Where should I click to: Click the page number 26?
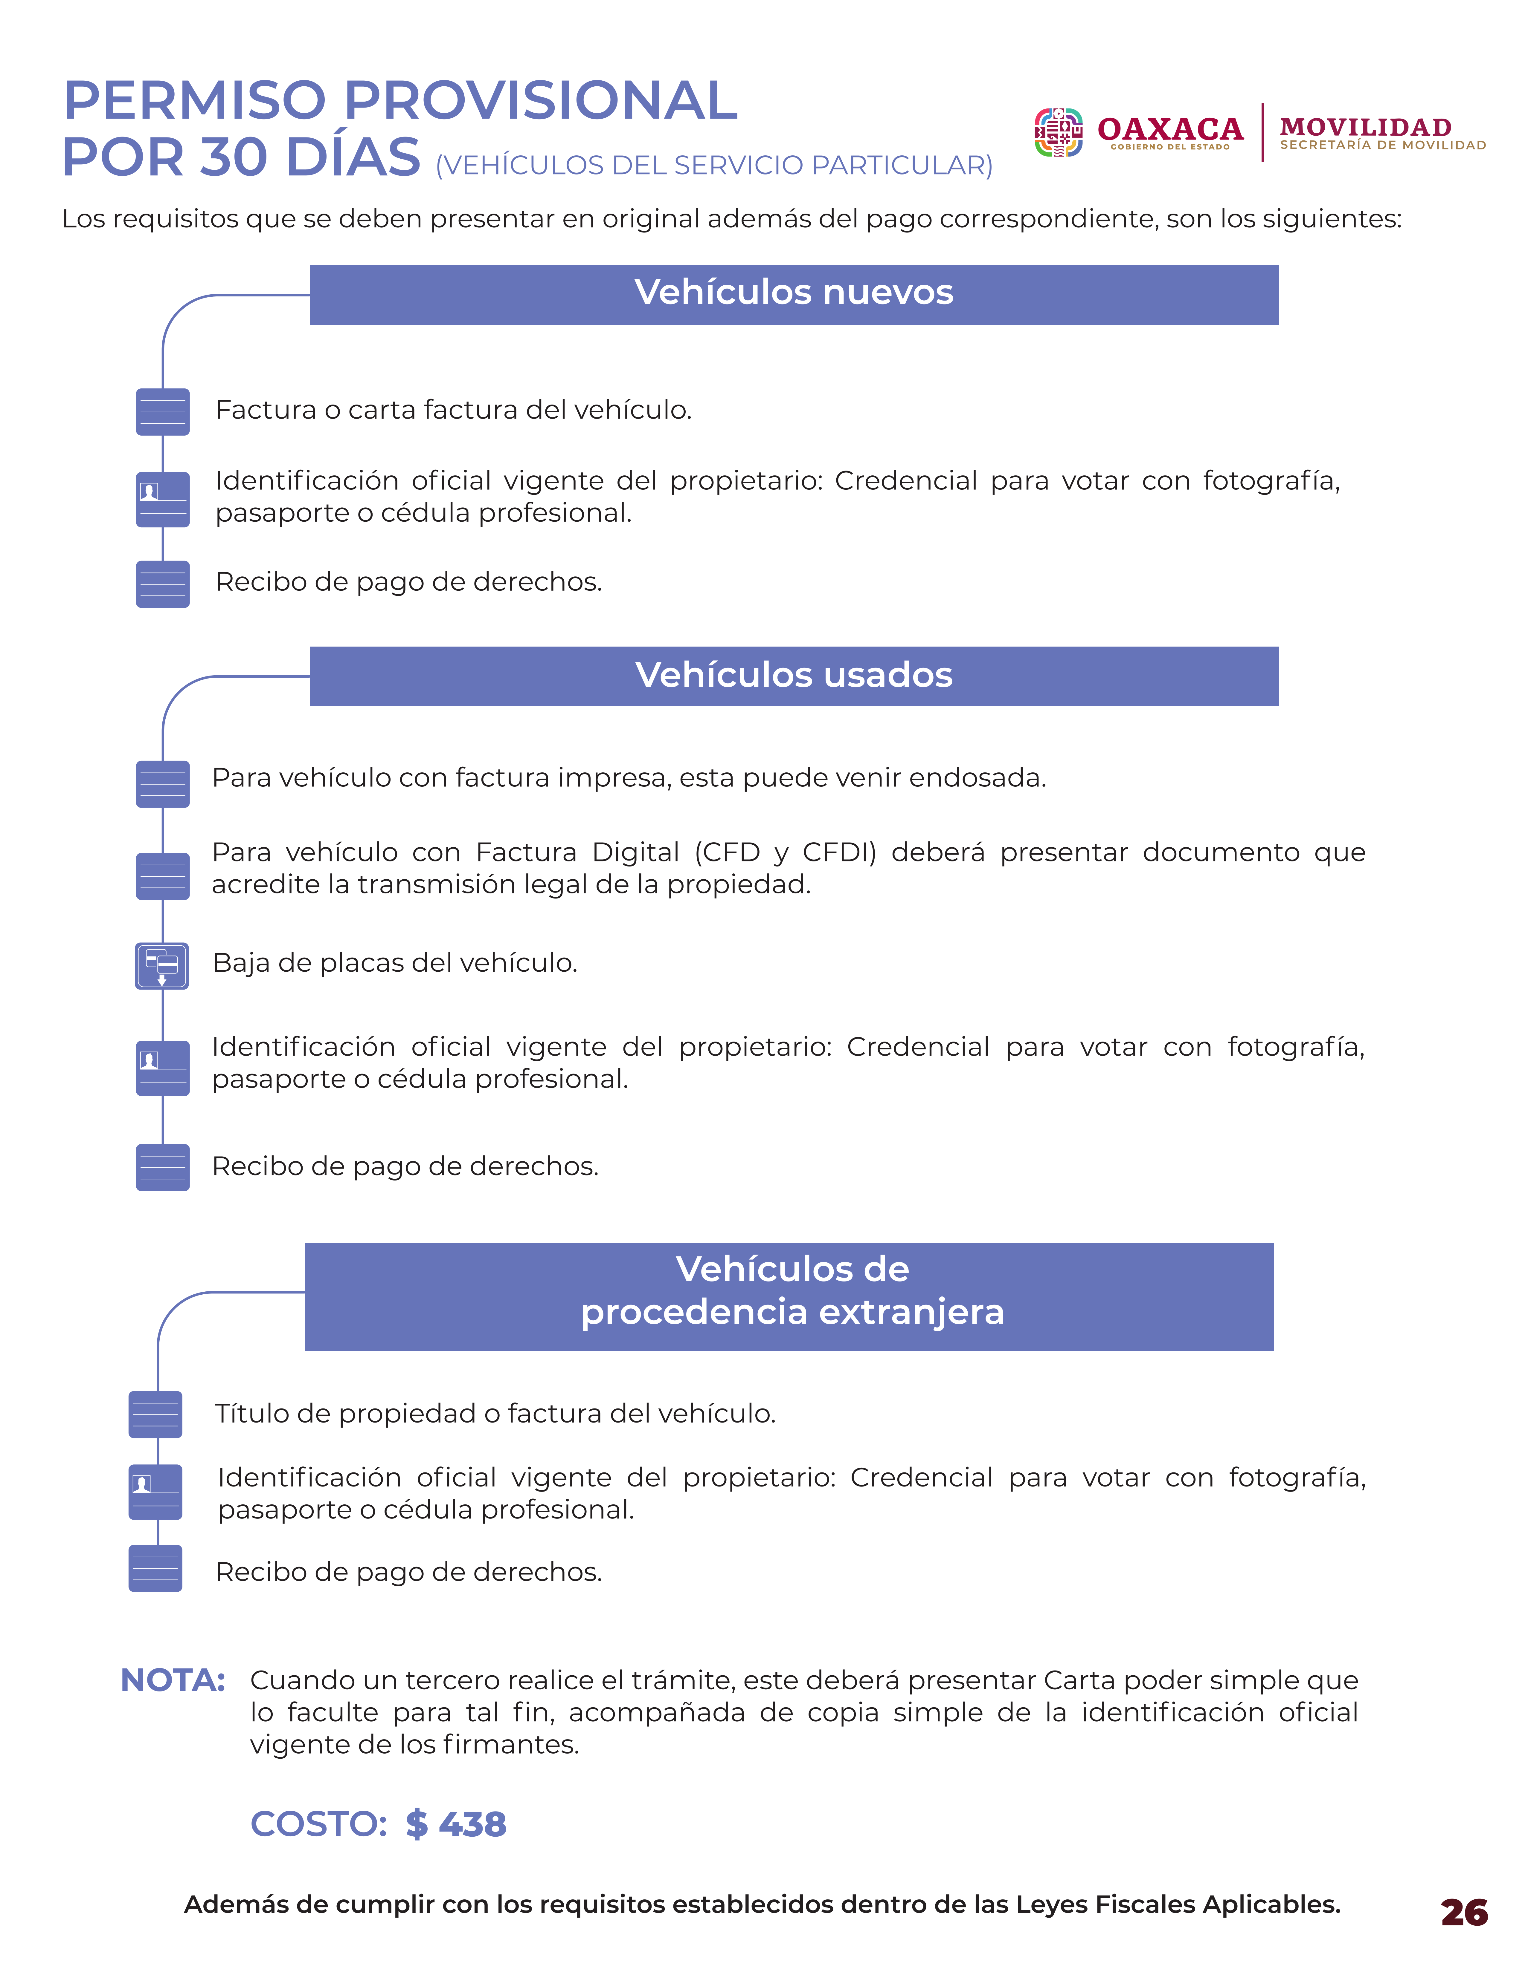(x=1464, y=1913)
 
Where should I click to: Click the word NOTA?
(x=173, y=1680)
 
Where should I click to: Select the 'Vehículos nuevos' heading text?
(x=793, y=293)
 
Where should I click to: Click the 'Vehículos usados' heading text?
(x=793, y=675)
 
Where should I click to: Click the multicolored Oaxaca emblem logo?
(x=1058, y=133)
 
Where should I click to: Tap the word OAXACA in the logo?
(x=1170, y=129)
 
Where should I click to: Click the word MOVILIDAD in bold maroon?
(x=1365, y=127)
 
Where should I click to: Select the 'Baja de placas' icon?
(x=163, y=965)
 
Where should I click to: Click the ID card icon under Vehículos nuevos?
(x=163, y=499)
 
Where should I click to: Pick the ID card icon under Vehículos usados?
(x=163, y=1068)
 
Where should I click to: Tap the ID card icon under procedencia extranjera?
(x=155, y=1492)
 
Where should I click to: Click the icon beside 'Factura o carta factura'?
(x=163, y=412)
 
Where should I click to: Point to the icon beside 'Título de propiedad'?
(x=155, y=1414)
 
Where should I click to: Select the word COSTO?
(x=318, y=1824)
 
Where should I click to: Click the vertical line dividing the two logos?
(x=1262, y=133)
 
